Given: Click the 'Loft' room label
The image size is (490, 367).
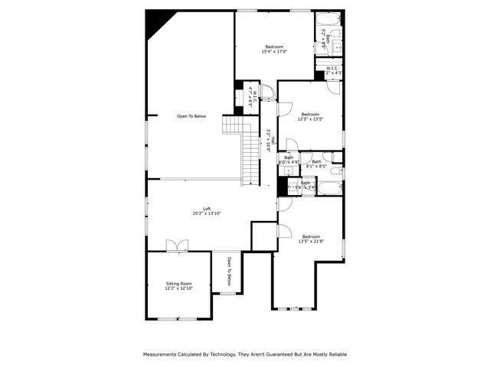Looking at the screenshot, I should pos(207,209).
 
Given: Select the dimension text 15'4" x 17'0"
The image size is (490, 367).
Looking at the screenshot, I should pos(274,52).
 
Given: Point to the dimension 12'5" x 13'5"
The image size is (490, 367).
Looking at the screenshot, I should pos(311,119).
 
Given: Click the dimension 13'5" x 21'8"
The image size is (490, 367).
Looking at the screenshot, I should pos(311,242).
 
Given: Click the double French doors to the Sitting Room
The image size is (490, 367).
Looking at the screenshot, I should pos(177,245).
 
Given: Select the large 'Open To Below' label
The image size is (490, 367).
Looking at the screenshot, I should pos(191,116).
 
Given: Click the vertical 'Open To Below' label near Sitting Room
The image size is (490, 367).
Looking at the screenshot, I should pos(228,271).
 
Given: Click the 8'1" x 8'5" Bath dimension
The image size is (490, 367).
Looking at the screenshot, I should pos(316,166).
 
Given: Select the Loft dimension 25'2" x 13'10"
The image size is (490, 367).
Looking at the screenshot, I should pos(207,214).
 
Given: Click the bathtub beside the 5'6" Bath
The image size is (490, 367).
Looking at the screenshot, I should pos(330,188).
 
